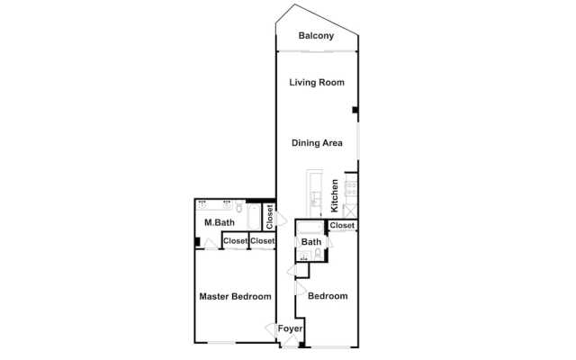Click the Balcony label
click(316, 36)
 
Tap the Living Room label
click(317, 82)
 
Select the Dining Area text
click(317, 143)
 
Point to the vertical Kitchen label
click(334, 195)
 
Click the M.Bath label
click(220, 222)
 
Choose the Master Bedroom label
click(235, 296)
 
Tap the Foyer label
click(290, 328)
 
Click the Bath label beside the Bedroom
click(311, 242)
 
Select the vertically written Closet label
click(270, 217)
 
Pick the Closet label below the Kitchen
click(342, 225)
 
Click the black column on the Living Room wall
click(355, 110)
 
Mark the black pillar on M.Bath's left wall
click(197, 242)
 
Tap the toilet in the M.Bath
click(239, 207)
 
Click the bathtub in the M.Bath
click(254, 216)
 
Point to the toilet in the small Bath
click(318, 254)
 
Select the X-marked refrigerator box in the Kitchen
click(350, 211)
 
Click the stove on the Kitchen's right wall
click(351, 188)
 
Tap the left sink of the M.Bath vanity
click(202, 203)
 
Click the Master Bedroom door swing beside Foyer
click(271, 328)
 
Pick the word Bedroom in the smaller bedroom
click(328, 296)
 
